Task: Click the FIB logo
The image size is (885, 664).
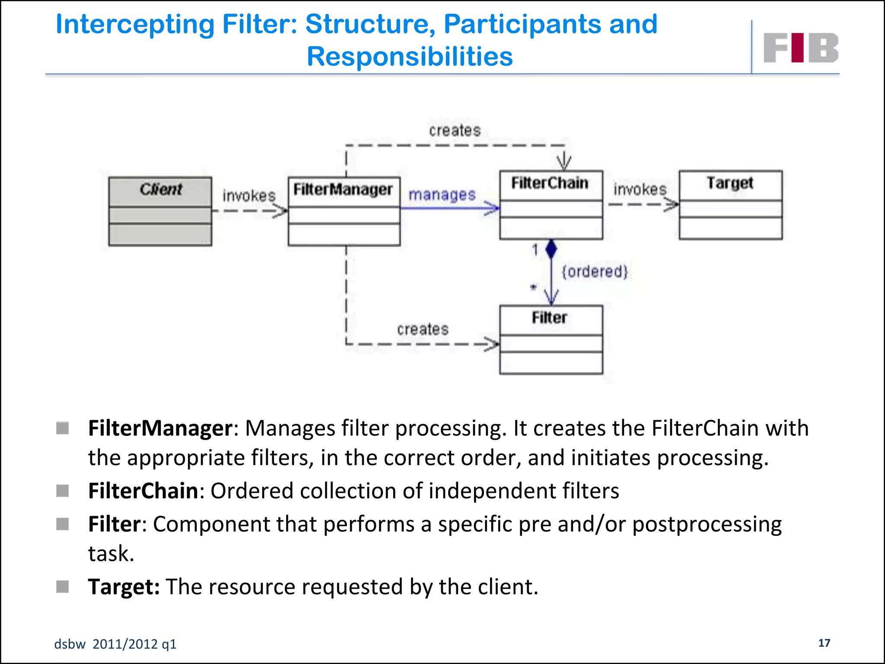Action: click(x=800, y=48)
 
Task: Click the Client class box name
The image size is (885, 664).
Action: click(x=161, y=189)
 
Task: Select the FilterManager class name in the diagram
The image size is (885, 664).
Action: click(x=343, y=189)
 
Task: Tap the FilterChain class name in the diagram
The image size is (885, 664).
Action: click(x=550, y=183)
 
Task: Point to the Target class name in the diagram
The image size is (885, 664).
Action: click(x=730, y=183)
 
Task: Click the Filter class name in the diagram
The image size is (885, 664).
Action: click(x=549, y=318)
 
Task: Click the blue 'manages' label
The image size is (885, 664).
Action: click(x=442, y=195)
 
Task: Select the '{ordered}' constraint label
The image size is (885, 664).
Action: click(x=594, y=271)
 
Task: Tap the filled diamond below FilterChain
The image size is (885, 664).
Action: click(x=551, y=249)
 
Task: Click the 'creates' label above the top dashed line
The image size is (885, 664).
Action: click(x=455, y=131)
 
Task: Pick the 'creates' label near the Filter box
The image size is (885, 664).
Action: click(x=423, y=329)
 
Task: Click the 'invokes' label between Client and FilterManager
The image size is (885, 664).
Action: click(x=249, y=196)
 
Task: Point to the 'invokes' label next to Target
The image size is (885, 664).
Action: click(x=640, y=189)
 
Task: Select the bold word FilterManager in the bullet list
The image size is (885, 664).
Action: click(x=160, y=428)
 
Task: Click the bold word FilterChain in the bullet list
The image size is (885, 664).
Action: click(x=143, y=491)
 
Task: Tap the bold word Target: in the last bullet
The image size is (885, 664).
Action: click(x=124, y=587)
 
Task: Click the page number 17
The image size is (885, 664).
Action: click(x=824, y=643)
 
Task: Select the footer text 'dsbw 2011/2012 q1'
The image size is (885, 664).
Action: click(x=115, y=644)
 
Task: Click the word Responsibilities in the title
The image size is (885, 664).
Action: click(x=410, y=57)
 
